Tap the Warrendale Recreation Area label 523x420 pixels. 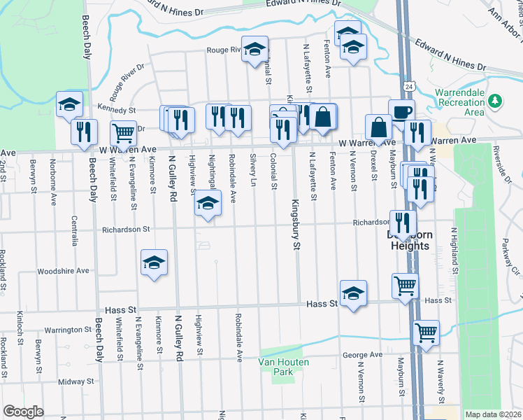pos(459,102)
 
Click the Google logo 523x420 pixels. pos(23,412)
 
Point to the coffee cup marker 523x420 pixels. pos(401,112)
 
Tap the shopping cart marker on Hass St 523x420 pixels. pos(404,286)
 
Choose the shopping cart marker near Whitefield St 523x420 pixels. pos(123,132)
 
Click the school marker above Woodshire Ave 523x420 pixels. pos(154,262)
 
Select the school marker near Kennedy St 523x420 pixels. pos(69,104)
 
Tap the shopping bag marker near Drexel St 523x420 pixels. pos(378,127)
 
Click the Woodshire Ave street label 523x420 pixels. pos(64,271)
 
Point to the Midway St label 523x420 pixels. pos(76,381)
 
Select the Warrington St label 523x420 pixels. pos(69,329)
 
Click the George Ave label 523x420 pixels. pos(362,355)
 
